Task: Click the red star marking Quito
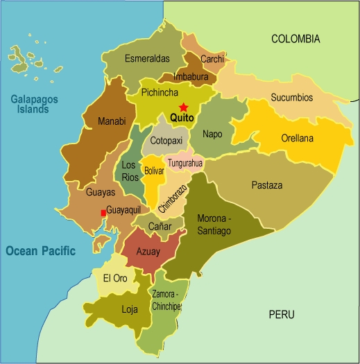pyautogui.click(x=183, y=107)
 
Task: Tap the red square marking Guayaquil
pyautogui.click(x=103, y=213)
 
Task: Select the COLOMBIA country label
pyautogui.click(x=295, y=39)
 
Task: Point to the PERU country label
pyautogui.click(x=282, y=315)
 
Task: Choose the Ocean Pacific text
pyautogui.click(x=40, y=251)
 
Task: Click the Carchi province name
pyautogui.click(x=212, y=60)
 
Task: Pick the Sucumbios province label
pyautogui.click(x=292, y=96)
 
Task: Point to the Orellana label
pyautogui.click(x=297, y=138)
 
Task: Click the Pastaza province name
pyautogui.click(x=266, y=185)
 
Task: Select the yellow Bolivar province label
pyautogui.click(x=154, y=169)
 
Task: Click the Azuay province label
pyautogui.click(x=148, y=251)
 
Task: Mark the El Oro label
pyautogui.click(x=115, y=278)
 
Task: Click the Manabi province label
pyautogui.click(x=112, y=121)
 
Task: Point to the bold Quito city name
pyautogui.click(x=182, y=119)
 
